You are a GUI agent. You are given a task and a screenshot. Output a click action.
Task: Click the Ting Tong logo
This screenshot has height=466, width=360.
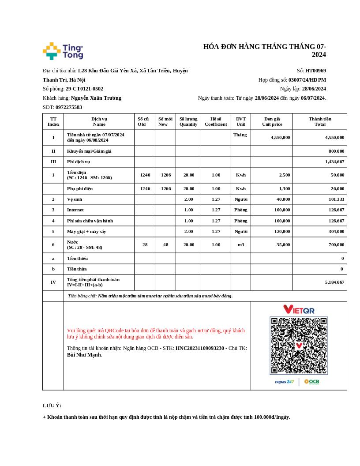(x=63, y=51)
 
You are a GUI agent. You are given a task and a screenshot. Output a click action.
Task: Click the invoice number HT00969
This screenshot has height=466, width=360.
(x=315, y=71)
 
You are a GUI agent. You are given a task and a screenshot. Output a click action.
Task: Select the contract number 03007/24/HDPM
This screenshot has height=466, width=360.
(x=307, y=80)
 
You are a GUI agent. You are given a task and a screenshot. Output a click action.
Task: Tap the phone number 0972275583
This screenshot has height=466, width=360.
(x=69, y=107)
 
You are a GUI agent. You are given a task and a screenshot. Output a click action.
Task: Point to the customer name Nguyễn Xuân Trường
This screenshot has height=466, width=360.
(x=96, y=98)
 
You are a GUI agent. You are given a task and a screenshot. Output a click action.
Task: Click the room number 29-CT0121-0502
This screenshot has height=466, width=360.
(x=84, y=89)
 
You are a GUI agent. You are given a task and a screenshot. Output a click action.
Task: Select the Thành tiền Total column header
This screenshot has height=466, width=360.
(x=320, y=121)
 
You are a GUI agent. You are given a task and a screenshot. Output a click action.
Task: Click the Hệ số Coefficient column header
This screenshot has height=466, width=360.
(x=216, y=121)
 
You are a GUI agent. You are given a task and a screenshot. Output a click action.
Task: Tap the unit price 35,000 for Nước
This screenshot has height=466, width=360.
(x=283, y=244)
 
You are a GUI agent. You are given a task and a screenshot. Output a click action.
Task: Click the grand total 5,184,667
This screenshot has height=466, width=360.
(x=334, y=282)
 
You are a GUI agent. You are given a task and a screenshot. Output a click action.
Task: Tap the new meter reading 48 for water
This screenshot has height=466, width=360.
(x=166, y=244)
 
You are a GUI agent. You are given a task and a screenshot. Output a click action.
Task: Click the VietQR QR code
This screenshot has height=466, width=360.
(x=299, y=346)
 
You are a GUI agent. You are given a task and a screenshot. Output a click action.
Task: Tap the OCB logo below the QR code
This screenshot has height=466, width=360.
(x=311, y=382)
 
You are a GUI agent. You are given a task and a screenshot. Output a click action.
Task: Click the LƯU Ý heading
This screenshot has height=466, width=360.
(x=52, y=406)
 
